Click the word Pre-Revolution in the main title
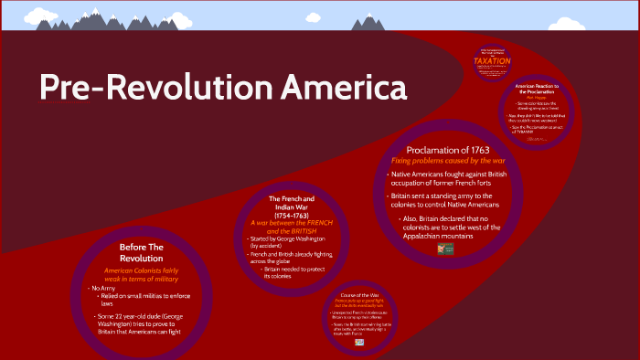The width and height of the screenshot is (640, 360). (x=142, y=88)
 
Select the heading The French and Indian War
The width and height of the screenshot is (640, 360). (x=292, y=203)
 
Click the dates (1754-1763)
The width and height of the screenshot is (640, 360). (x=292, y=216)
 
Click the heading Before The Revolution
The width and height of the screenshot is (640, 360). (x=142, y=252)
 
